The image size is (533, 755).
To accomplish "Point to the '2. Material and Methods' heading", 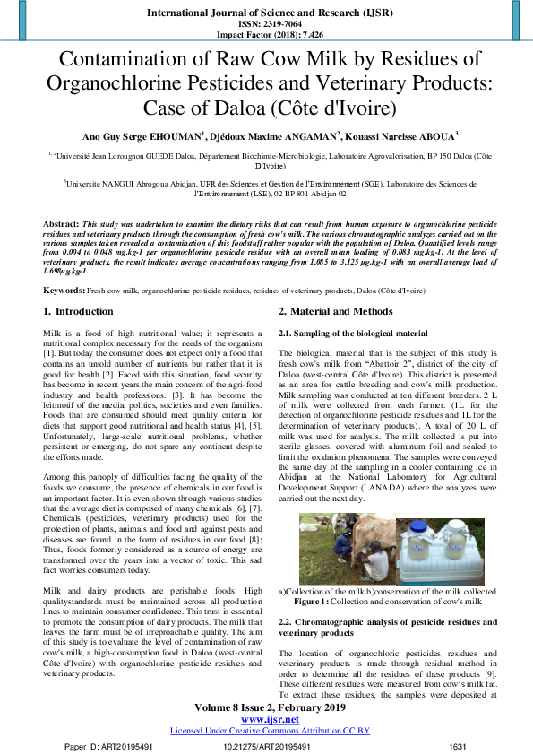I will [x=335, y=311].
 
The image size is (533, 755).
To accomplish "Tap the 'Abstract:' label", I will [x=62, y=221].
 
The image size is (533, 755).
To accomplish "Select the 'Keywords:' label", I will [x=64, y=291].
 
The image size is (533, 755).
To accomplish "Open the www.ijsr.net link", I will [x=270, y=719].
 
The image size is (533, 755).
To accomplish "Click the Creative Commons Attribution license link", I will [x=270, y=731].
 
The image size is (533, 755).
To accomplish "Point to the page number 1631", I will [x=458, y=746].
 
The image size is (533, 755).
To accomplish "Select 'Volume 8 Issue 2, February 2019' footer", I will [x=270, y=707].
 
